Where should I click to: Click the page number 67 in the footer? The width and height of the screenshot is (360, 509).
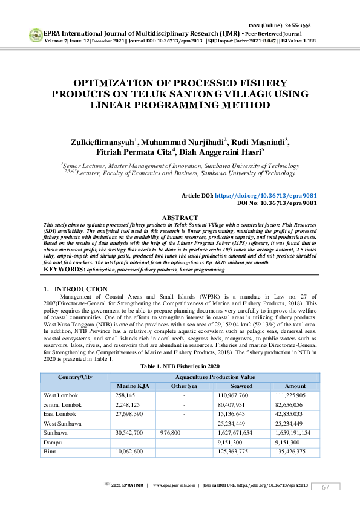(326, 487)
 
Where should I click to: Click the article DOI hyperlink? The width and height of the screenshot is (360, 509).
(266, 196)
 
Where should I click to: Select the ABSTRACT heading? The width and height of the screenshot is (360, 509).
(180, 218)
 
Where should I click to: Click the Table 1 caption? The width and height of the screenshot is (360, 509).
(180, 366)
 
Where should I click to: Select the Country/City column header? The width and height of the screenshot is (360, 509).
(75, 377)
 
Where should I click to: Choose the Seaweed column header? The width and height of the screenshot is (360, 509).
(241, 386)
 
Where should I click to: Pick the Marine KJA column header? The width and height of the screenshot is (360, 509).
(129, 386)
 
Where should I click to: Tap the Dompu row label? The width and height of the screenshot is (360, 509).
(53, 442)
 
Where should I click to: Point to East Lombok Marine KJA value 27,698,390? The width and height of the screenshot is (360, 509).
(129, 413)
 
